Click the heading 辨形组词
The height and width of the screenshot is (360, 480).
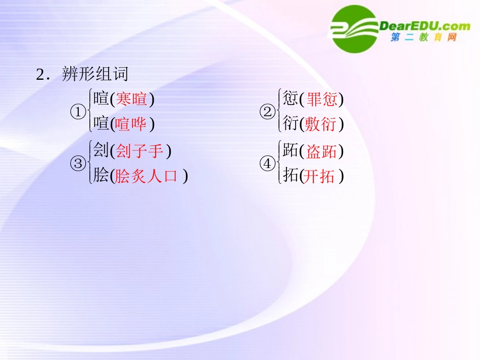[95, 74]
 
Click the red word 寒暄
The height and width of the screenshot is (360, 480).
[132, 99]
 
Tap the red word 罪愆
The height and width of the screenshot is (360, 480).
[322, 99]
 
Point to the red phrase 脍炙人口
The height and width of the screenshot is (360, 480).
[147, 176]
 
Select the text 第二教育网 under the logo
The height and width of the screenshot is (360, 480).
[423, 38]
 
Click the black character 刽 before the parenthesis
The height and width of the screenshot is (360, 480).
[101, 150]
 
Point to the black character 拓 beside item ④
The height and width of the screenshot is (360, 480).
[290, 176]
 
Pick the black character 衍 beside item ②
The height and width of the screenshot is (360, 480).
[290, 124]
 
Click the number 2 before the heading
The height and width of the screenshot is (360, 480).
[40, 75]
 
